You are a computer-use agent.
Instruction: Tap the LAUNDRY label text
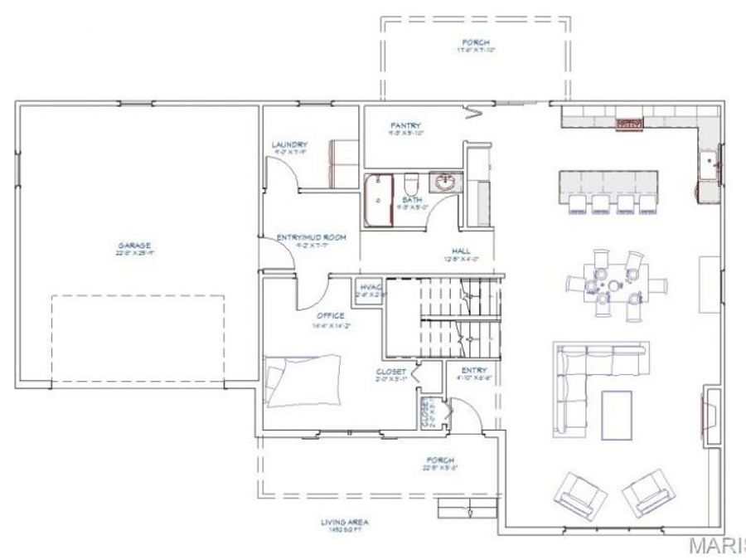pyautogui.click(x=289, y=144)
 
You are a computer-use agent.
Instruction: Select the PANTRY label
pyautogui.click(x=407, y=127)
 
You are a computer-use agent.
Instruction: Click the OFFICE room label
pyautogui.click(x=330, y=316)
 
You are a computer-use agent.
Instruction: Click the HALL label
pyautogui.click(x=462, y=251)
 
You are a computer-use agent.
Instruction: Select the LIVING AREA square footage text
pyautogui.click(x=345, y=523)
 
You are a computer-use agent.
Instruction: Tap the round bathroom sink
pyautogui.click(x=445, y=183)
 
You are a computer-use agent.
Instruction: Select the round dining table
pyautogui.click(x=612, y=285)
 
